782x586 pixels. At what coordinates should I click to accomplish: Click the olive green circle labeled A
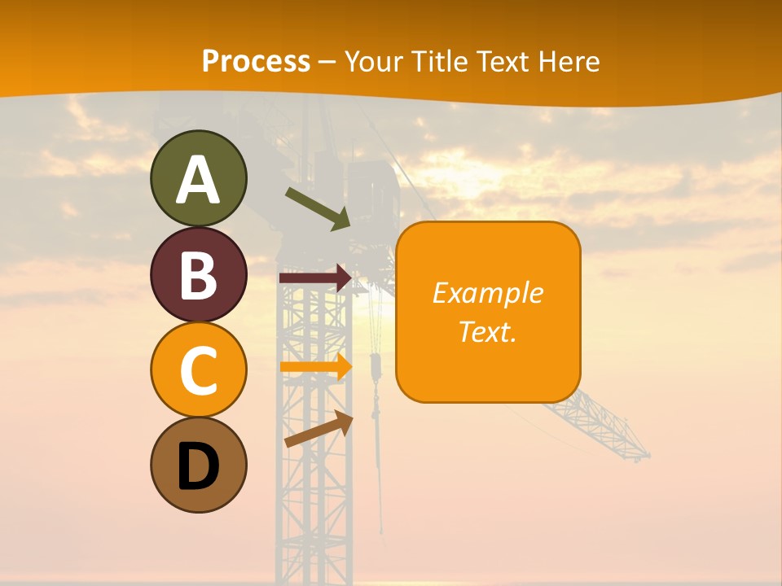pos(198,178)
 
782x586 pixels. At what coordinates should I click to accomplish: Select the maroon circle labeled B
pos(198,274)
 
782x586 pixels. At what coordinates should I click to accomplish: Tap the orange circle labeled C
pos(198,370)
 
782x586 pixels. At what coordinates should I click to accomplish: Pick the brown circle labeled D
pos(198,465)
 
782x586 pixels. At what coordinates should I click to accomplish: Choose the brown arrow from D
pos(319,429)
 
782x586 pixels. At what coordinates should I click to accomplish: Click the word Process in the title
pos(256,62)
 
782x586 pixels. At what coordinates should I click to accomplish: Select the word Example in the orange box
pos(487,293)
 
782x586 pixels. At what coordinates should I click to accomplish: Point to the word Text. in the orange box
pos(487,331)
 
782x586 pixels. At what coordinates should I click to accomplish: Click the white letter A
pos(198,180)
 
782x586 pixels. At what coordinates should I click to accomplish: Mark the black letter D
pos(198,466)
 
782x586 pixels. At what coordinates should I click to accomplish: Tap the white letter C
pos(198,370)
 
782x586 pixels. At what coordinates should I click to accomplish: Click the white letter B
pos(198,275)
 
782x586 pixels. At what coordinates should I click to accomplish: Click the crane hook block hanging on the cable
pos(376,367)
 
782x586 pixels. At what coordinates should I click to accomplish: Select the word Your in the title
pos(372,62)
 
